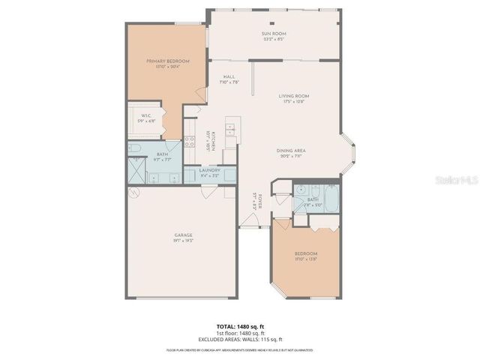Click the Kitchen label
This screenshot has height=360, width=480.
pyautogui.click(x=213, y=142)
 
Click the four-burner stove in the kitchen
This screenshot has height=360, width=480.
pyautogui.click(x=190, y=144)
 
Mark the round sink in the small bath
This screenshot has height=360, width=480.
pyautogui.click(x=301, y=190)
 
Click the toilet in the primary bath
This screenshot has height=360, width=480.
pyautogui.click(x=136, y=149)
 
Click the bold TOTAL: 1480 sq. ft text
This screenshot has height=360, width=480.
pyautogui.click(x=240, y=326)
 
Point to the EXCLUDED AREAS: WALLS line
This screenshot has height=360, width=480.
pyautogui.click(x=240, y=338)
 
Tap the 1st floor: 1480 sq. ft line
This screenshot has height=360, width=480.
pyautogui.click(x=240, y=332)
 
